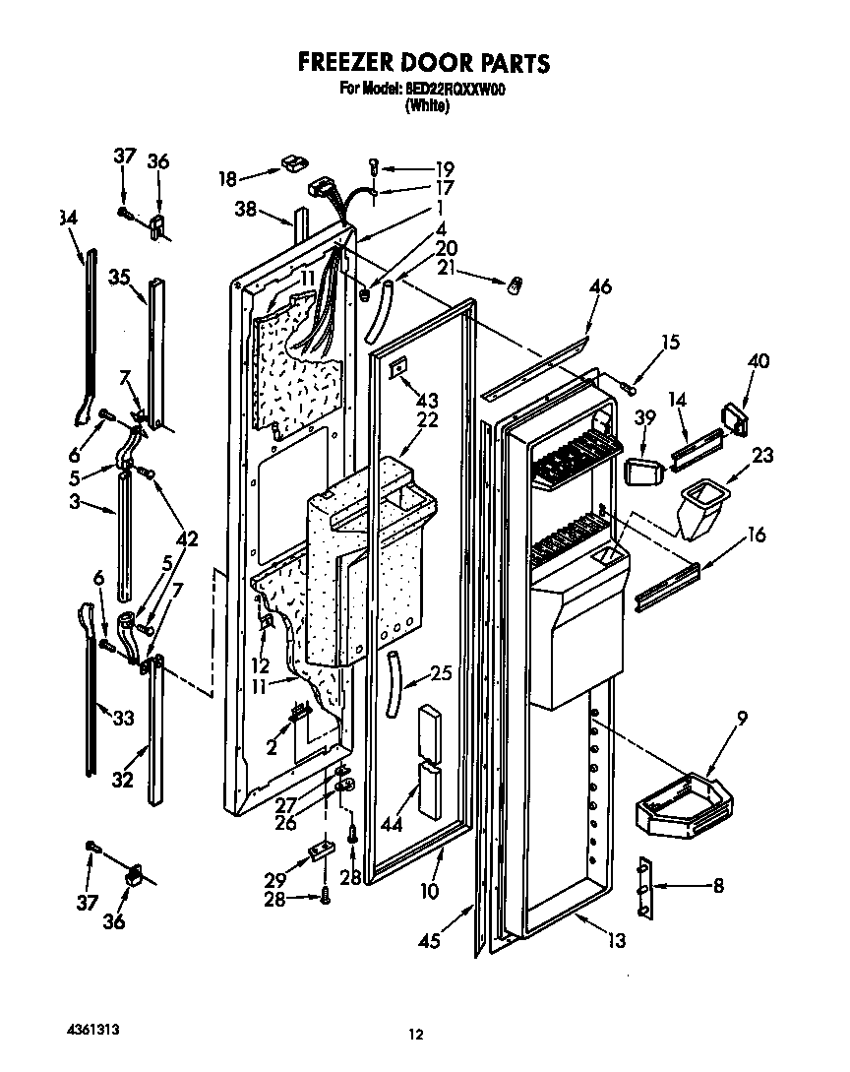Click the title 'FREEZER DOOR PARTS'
point(424,63)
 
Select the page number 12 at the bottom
point(416,1034)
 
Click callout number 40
point(758,360)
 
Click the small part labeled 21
point(513,287)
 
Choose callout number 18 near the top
point(226,178)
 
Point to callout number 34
point(68,217)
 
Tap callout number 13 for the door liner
point(616,940)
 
